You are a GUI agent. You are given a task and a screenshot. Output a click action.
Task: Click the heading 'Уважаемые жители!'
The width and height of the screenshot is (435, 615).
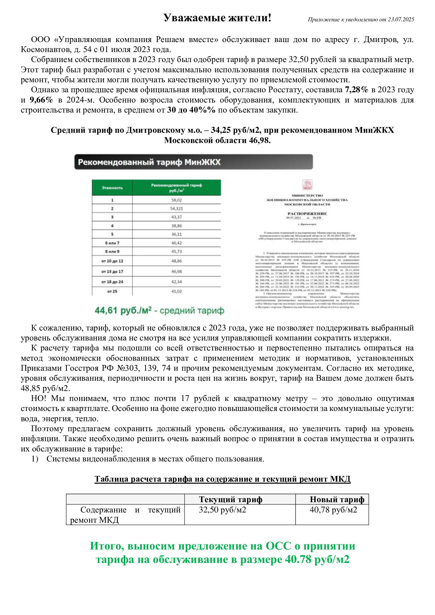(217, 18)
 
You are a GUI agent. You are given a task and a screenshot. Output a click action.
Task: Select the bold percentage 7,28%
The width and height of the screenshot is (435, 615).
(357, 90)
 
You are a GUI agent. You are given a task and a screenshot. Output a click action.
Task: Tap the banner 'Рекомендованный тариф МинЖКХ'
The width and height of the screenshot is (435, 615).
(193, 162)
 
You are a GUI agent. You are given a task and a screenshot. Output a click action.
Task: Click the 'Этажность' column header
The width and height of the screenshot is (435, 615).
(112, 188)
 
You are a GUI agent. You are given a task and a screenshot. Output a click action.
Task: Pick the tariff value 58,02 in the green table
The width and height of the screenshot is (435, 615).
(176, 200)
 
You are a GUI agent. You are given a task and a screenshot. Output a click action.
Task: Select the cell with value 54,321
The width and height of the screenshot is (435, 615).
(176, 209)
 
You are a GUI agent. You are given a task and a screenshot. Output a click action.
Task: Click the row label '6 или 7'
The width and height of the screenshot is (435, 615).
(112, 243)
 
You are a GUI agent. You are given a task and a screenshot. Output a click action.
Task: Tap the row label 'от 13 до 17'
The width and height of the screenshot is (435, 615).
(112, 272)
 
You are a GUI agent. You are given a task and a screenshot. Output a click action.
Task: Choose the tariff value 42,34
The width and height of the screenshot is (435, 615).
(176, 282)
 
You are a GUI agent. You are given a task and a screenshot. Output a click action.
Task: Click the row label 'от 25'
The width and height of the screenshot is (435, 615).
(112, 291)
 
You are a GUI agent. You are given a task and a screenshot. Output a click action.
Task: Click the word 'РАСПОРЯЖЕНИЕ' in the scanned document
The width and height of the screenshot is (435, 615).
(307, 214)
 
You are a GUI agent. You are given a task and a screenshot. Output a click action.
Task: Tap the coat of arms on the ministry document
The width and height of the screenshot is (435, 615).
(307, 185)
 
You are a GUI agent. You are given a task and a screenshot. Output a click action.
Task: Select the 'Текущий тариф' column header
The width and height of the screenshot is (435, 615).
(230, 500)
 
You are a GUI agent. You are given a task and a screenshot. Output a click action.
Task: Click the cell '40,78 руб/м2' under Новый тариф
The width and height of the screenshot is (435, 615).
(333, 510)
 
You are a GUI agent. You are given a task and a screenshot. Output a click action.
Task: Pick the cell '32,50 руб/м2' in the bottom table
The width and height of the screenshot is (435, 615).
(222, 510)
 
